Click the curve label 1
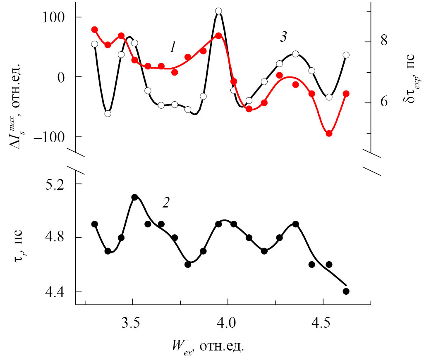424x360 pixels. click(173, 48)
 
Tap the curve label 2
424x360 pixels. click(165, 203)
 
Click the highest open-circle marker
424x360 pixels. click(218, 11)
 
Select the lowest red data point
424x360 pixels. click(329, 134)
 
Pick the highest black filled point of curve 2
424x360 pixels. click(134, 197)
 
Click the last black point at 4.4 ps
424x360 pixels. click(346, 291)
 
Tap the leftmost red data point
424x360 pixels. click(94, 30)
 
